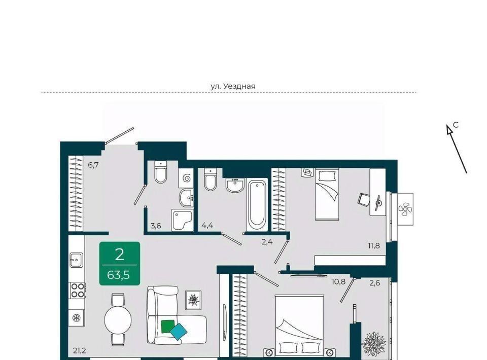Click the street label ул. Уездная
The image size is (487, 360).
233,86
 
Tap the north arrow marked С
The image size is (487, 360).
457,149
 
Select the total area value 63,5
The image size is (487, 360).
118,275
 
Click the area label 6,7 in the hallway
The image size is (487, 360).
93,165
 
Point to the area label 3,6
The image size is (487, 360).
156,226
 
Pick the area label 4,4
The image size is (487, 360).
207,226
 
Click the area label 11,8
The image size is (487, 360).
374,246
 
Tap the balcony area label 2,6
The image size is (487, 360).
375,283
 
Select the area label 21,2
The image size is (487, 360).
80,351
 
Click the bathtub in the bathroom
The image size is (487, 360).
257,205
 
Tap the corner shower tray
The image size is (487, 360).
182,220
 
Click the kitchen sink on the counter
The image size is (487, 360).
76,260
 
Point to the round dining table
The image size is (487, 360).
118,319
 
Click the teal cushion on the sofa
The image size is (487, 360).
179,332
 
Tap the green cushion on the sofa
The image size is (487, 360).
168,326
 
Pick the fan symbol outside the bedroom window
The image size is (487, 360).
405,209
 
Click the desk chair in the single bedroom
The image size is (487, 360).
364,199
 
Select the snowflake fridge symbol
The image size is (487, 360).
76,318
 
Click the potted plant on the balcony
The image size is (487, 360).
374,344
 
